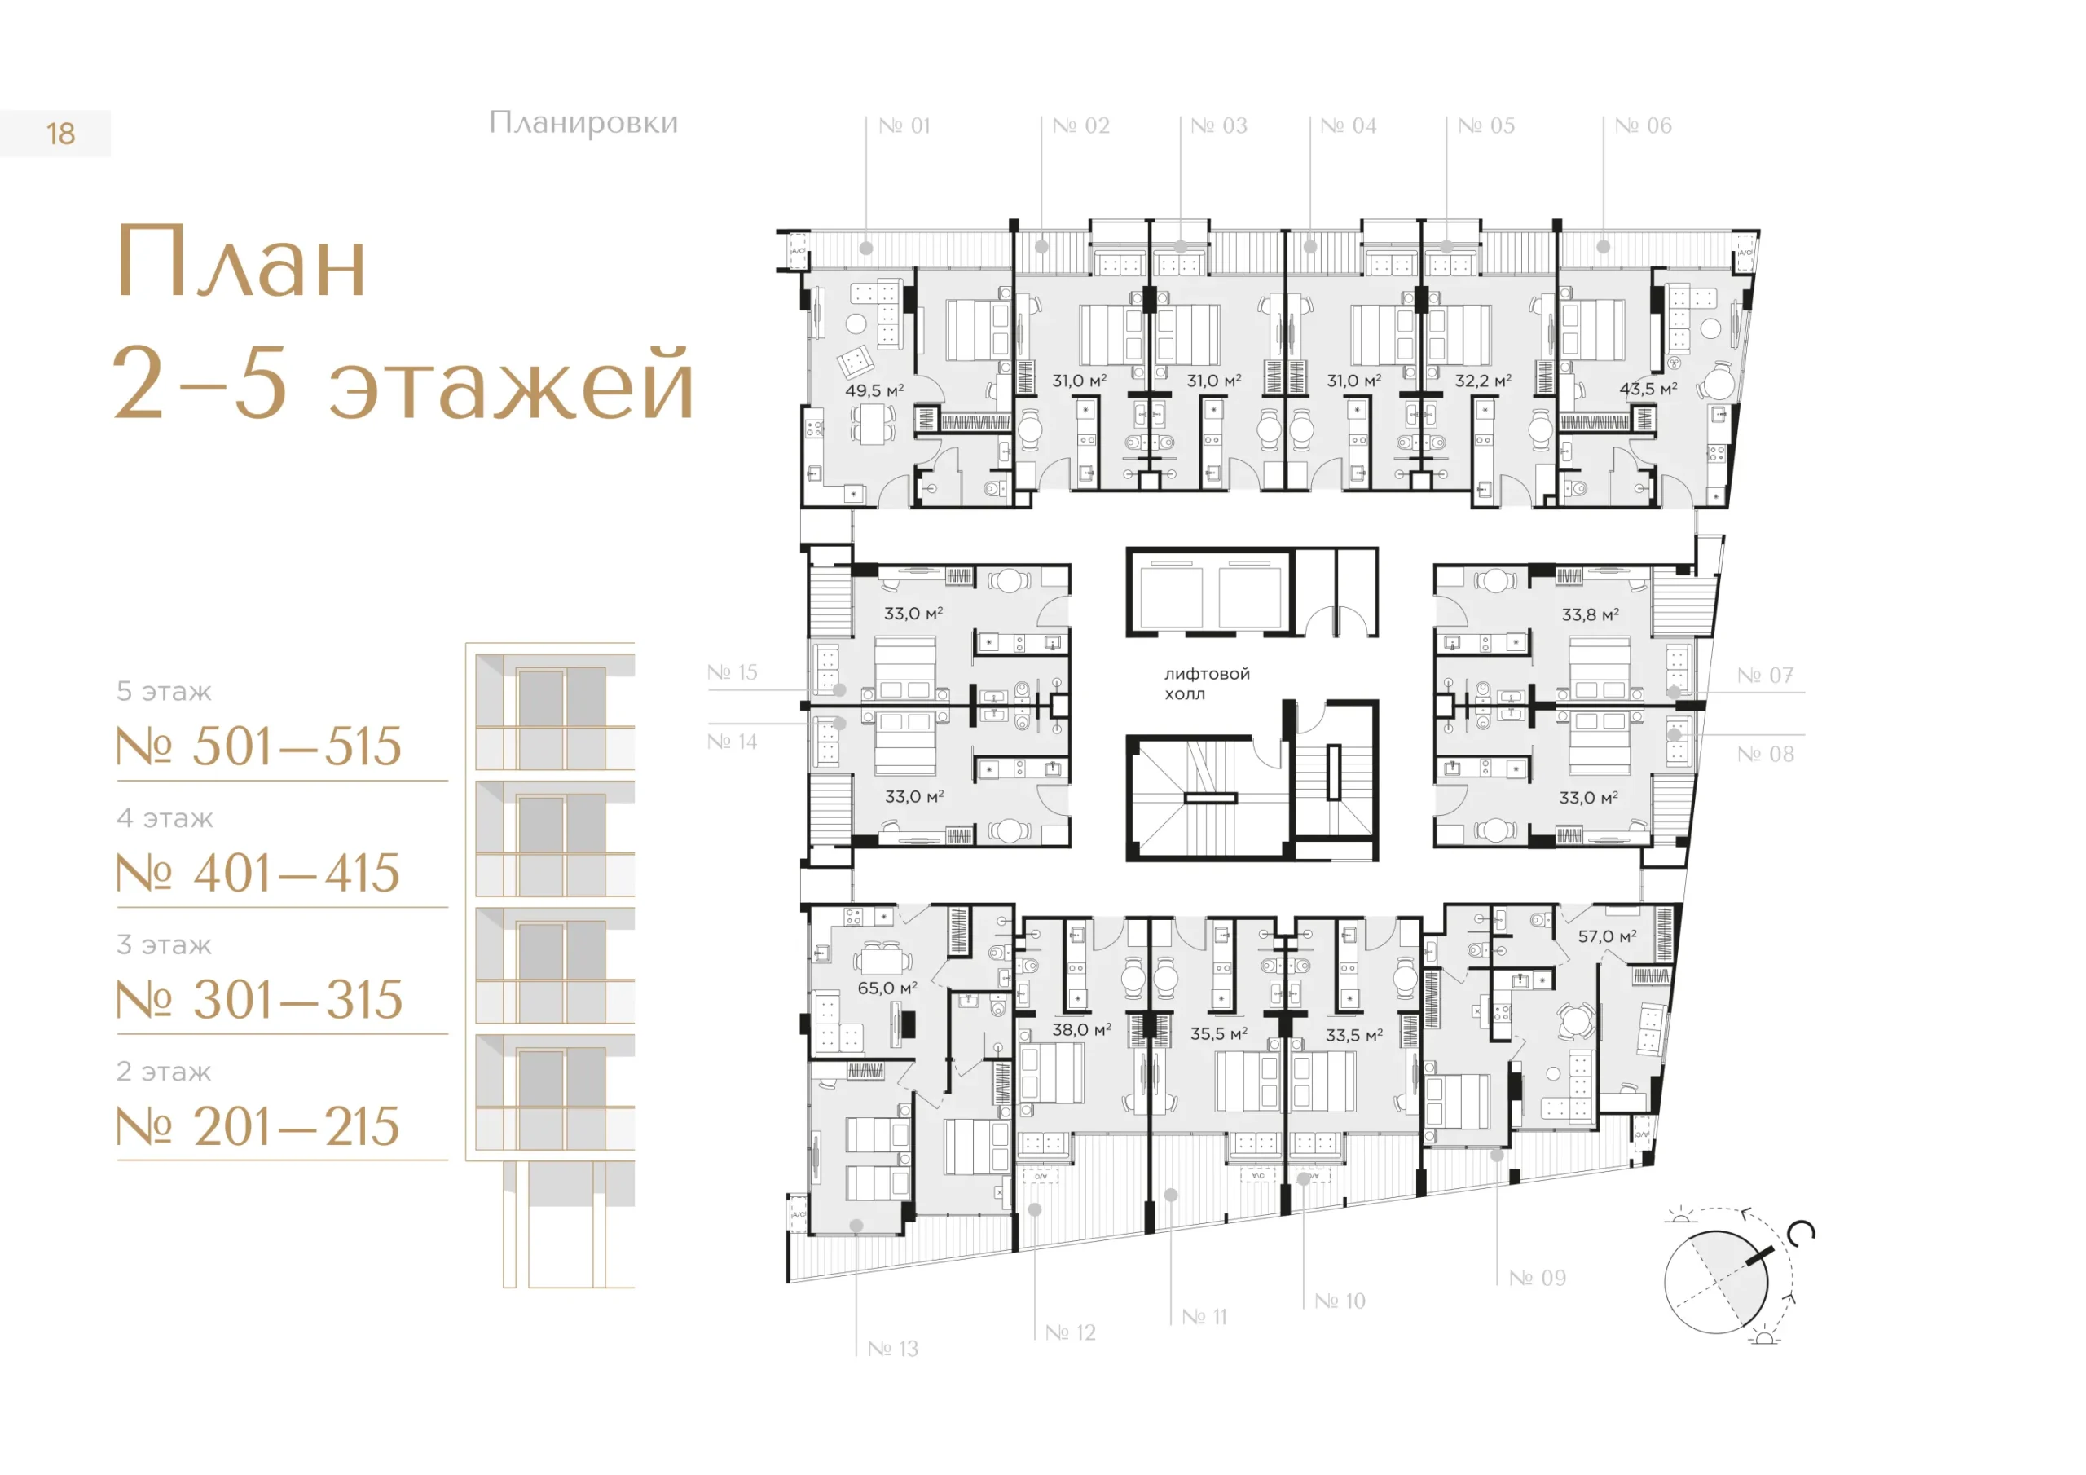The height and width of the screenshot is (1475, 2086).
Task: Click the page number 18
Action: tap(61, 134)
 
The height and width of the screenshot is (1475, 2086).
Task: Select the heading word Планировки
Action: tap(583, 124)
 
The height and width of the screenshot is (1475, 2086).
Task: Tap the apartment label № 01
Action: tap(905, 125)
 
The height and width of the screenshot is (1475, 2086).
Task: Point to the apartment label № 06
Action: tap(1644, 125)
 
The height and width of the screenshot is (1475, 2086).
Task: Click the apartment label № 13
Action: tap(893, 1349)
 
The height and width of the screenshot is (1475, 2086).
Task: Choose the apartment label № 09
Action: tap(1538, 1278)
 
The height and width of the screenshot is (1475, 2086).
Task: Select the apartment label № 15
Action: tap(733, 672)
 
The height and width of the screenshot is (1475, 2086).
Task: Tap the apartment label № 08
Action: tap(1765, 755)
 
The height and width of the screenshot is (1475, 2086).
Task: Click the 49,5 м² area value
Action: tap(874, 391)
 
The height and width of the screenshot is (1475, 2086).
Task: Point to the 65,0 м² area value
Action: tap(887, 988)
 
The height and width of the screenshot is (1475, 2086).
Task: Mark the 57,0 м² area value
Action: tap(1607, 936)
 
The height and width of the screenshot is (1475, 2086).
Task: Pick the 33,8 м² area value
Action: tap(1590, 614)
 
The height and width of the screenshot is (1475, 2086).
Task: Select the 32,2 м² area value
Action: tap(1483, 381)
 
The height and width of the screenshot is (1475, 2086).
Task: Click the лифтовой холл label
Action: tap(1208, 684)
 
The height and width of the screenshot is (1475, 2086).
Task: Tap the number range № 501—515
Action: tap(259, 747)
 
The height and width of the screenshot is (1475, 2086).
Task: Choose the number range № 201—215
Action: tap(258, 1127)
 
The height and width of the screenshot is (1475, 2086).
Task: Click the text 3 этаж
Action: tap(165, 945)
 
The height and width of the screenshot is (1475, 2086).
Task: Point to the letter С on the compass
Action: tap(1800, 1233)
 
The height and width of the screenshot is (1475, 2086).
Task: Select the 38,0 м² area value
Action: tap(1081, 1030)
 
